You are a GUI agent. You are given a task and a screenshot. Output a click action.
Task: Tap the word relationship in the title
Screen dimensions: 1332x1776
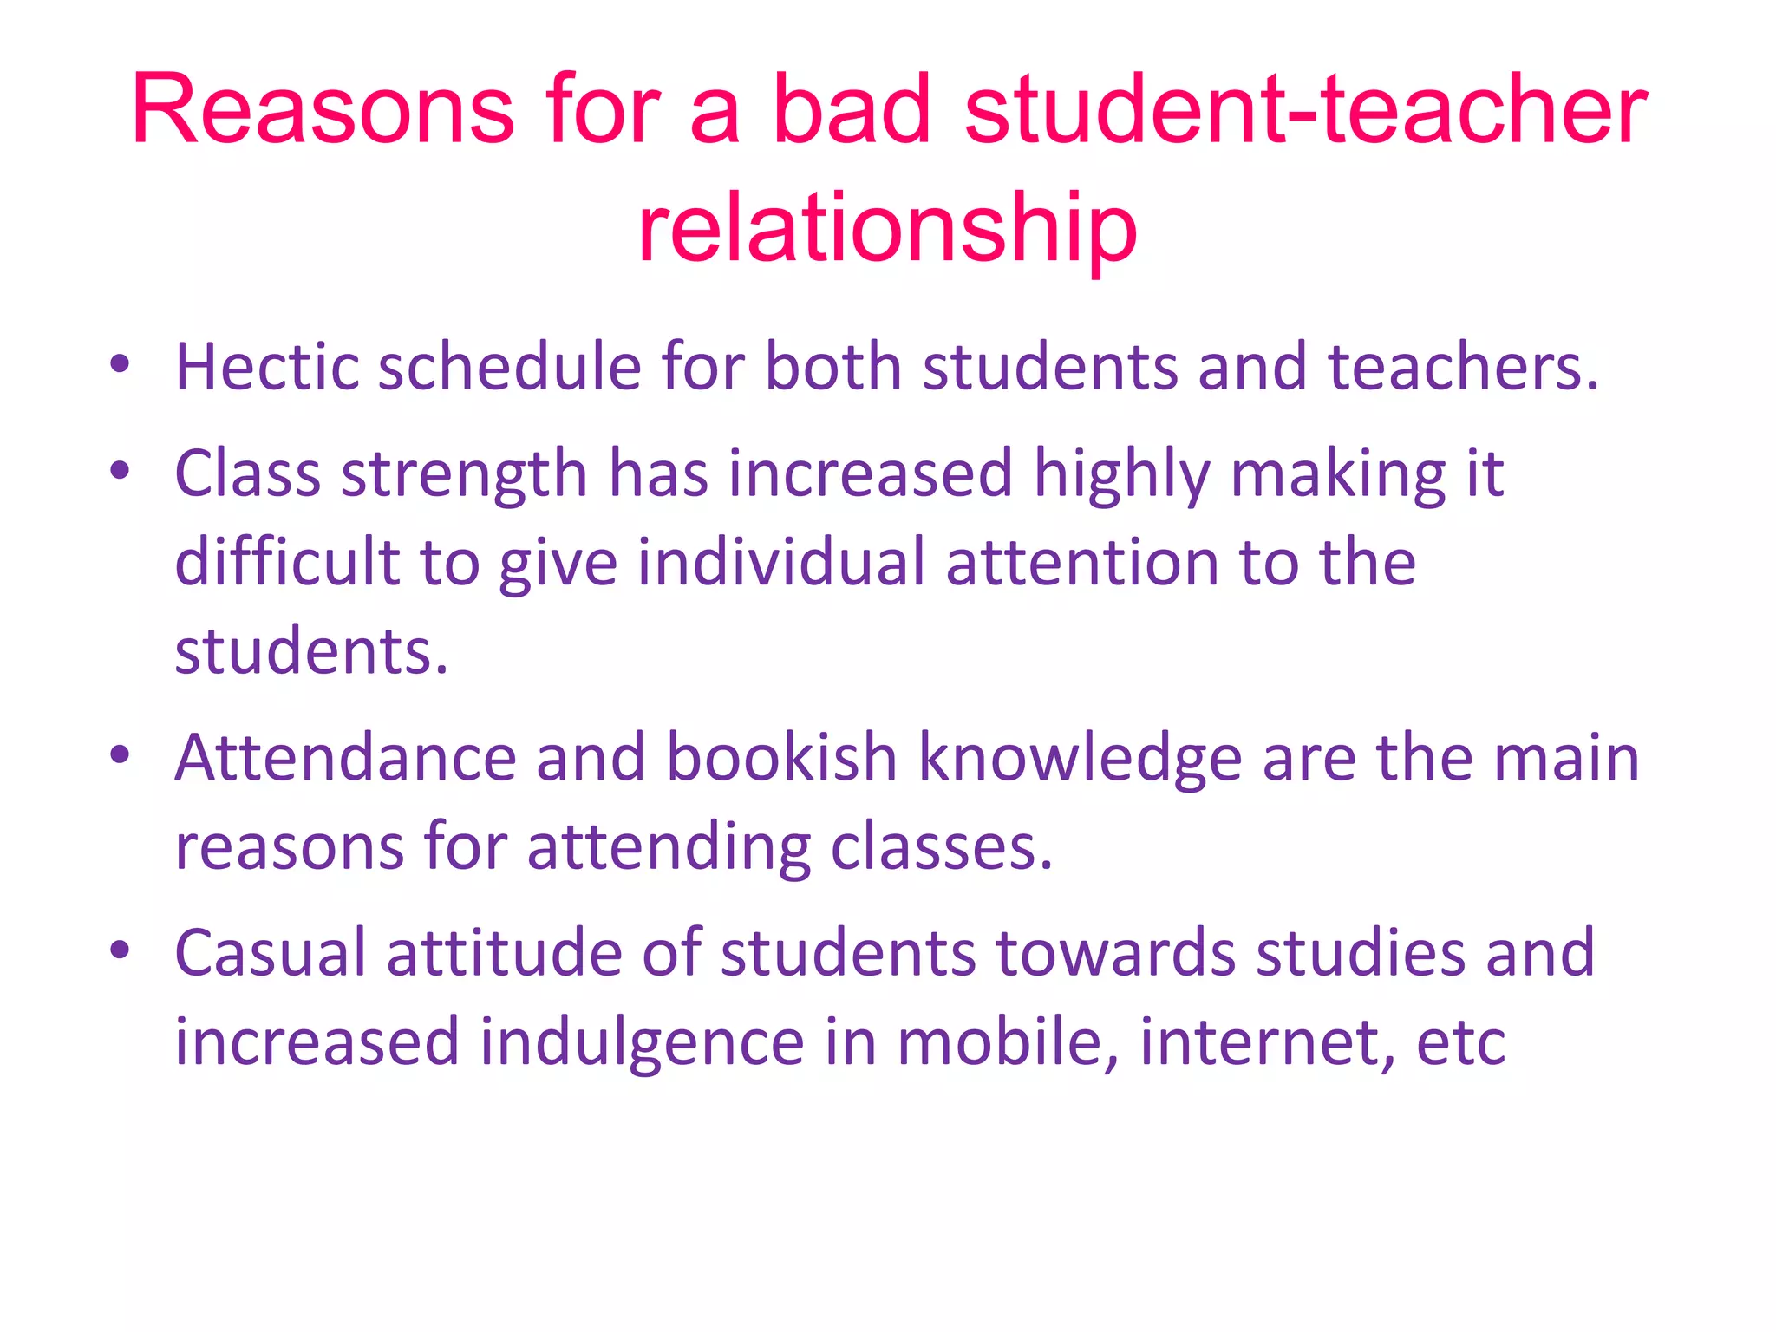coord(887,228)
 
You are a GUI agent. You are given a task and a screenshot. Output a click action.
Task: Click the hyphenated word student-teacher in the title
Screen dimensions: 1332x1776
coord(1305,110)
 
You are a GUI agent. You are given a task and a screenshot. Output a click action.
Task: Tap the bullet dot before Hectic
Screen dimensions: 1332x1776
coord(120,364)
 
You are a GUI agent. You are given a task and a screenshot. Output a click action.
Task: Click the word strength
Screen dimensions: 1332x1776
coord(465,475)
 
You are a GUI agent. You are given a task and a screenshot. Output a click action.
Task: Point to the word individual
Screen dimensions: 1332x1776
coord(781,562)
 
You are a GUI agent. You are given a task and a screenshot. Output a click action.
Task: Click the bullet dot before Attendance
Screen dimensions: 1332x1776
coord(120,755)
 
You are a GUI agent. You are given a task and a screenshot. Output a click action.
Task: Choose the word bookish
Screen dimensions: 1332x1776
coord(781,758)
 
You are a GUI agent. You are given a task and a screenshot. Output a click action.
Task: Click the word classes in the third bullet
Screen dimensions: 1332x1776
coord(942,846)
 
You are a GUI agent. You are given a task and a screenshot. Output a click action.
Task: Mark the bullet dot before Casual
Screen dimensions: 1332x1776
coord(120,950)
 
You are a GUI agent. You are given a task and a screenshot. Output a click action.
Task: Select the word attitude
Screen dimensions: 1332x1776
coord(504,953)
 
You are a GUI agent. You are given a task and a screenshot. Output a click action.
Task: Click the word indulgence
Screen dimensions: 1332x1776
coord(642,1041)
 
